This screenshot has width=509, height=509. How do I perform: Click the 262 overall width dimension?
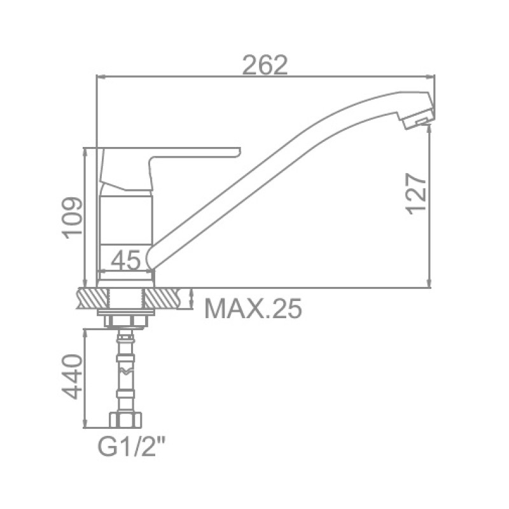(x=265, y=65)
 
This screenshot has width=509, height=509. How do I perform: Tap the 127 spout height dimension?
(x=416, y=193)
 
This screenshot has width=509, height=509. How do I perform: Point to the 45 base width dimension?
(x=125, y=260)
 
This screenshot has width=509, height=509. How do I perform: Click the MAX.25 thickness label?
(x=253, y=309)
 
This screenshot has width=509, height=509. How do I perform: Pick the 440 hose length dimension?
(x=71, y=377)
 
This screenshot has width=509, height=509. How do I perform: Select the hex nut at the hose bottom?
(x=125, y=420)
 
